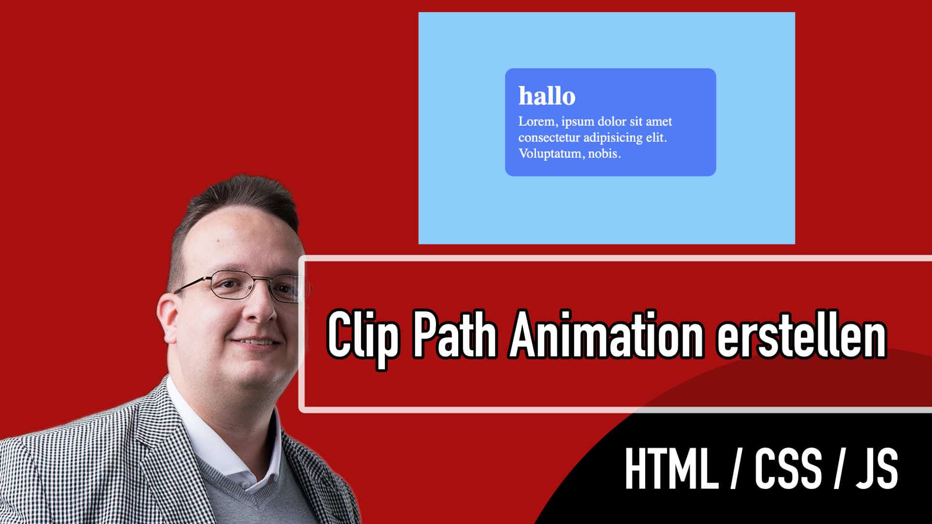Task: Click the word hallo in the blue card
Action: pyautogui.click(x=547, y=96)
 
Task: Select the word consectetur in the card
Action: pyautogui.click(x=549, y=138)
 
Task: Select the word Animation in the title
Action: pyautogui.click(x=606, y=334)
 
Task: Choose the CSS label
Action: pyautogui.click(x=787, y=469)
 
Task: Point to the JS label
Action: pyautogui.click(x=876, y=469)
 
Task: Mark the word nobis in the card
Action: pyautogui.click(x=604, y=154)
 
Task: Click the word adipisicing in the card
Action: pyautogui.click(x=613, y=138)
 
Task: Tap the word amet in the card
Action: pyautogui.click(x=659, y=122)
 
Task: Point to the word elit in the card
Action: pyautogui.click(x=656, y=138)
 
